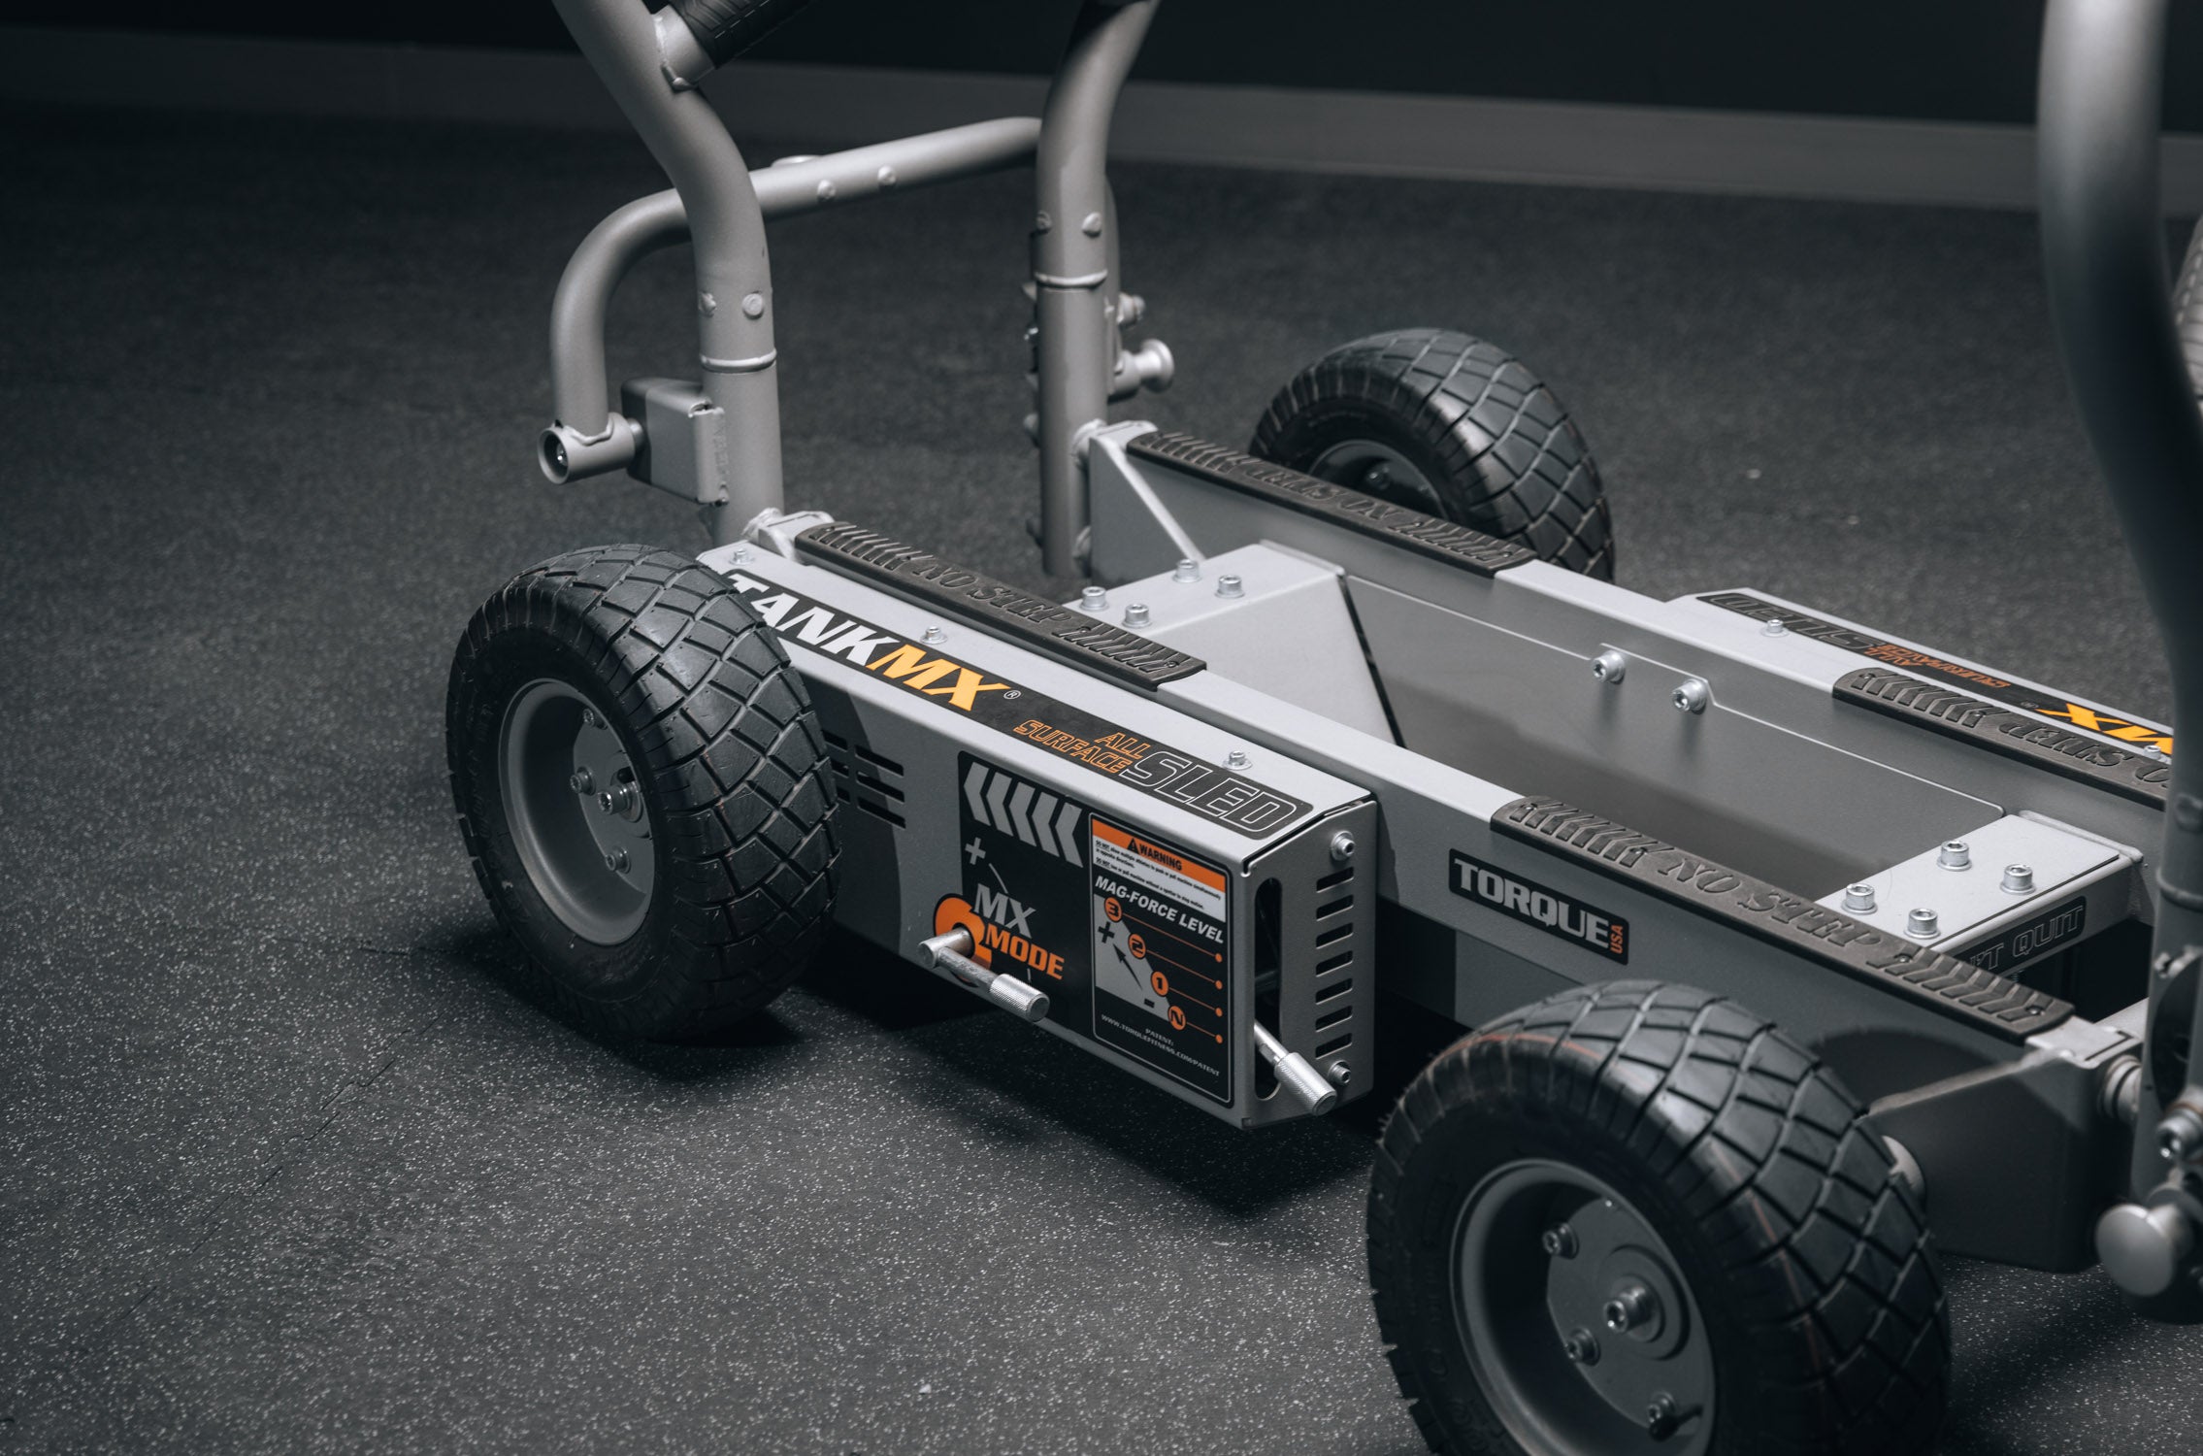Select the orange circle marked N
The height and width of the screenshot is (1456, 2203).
(x=1176, y=1019)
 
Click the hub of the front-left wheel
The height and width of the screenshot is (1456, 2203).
(x=609, y=799)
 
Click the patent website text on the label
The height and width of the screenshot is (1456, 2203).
(x=1155, y=1053)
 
